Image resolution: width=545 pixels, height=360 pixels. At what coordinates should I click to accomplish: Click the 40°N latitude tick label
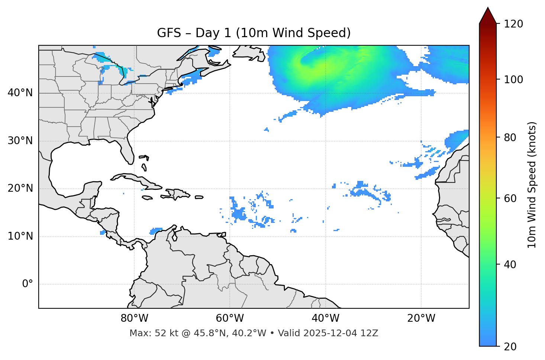pyautogui.click(x=20, y=93)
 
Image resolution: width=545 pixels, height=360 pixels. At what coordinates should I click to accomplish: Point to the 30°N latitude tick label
pyautogui.click(x=20, y=141)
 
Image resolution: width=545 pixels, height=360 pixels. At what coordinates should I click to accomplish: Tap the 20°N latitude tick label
pyautogui.click(x=20, y=188)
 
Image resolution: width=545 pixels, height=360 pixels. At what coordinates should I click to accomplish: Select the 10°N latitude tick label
pyautogui.click(x=20, y=236)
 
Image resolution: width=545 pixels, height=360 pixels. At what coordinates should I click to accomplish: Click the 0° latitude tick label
pyautogui.click(x=28, y=284)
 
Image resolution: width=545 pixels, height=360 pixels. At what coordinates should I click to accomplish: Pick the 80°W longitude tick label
pyautogui.click(x=134, y=318)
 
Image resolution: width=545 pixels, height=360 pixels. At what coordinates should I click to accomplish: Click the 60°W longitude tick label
pyautogui.click(x=230, y=318)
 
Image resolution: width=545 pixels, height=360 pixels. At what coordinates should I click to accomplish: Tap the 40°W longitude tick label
pyautogui.click(x=325, y=318)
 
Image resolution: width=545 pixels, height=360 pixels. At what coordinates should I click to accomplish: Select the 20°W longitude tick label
pyautogui.click(x=421, y=318)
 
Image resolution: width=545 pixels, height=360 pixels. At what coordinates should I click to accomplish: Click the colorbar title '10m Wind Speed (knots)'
pyautogui.click(x=532, y=185)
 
